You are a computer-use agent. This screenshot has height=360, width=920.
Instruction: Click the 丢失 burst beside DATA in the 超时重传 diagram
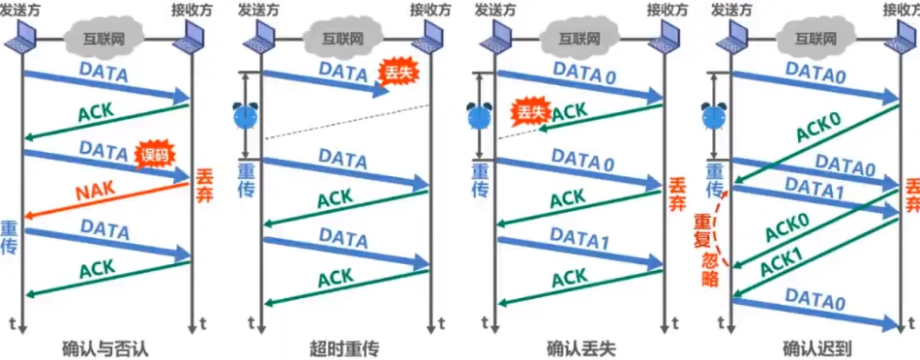[x=396, y=73]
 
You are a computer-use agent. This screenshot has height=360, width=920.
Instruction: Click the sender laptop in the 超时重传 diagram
[x=258, y=39]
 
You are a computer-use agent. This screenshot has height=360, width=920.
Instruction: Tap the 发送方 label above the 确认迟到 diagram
[x=731, y=9]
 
